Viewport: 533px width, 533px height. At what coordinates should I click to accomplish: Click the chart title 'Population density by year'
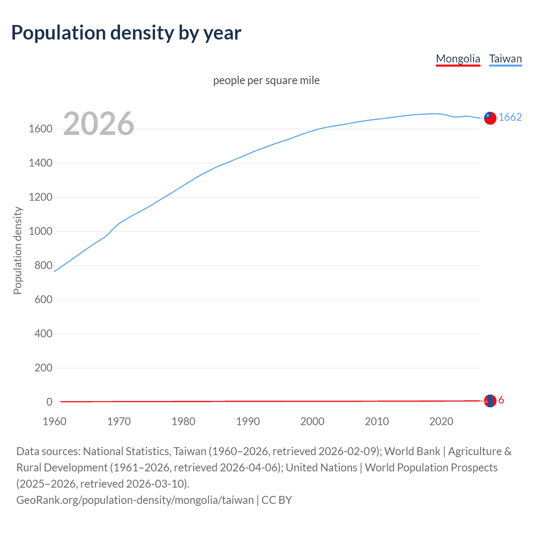click(x=126, y=33)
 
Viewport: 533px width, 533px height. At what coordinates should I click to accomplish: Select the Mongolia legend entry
click(x=458, y=59)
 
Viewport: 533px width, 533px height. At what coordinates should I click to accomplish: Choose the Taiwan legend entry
click(x=505, y=59)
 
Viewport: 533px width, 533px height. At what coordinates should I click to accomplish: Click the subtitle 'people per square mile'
click(x=266, y=80)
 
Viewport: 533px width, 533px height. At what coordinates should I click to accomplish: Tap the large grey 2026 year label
click(x=99, y=124)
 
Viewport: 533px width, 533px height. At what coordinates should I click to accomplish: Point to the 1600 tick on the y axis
click(x=40, y=129)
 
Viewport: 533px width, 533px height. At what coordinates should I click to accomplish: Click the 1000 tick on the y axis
click(x=40, y=232)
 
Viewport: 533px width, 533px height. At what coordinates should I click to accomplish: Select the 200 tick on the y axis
click(x=43, y=368)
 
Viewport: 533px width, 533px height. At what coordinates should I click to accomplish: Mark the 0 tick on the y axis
click(x=50, y=402)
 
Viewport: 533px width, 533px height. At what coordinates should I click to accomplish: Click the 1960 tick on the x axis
click(x=55, y=421)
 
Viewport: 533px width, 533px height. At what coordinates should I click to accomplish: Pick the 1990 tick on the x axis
click(x=248, y=421)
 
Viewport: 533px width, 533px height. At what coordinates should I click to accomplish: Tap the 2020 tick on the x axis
click(x=441, y=421)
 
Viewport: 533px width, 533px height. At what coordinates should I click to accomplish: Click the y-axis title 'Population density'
click(x=17, y=251)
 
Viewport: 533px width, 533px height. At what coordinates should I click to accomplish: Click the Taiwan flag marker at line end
click(x=490, y=118)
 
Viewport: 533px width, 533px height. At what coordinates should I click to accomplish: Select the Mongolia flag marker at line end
click(x=490, y=401)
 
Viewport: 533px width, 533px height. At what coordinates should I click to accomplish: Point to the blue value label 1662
click(x=510, y=117)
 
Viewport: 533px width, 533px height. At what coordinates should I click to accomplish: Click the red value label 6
click(x=501, y=400)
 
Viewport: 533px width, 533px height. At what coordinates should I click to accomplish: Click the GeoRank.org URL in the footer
click(x=135, y=500)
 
